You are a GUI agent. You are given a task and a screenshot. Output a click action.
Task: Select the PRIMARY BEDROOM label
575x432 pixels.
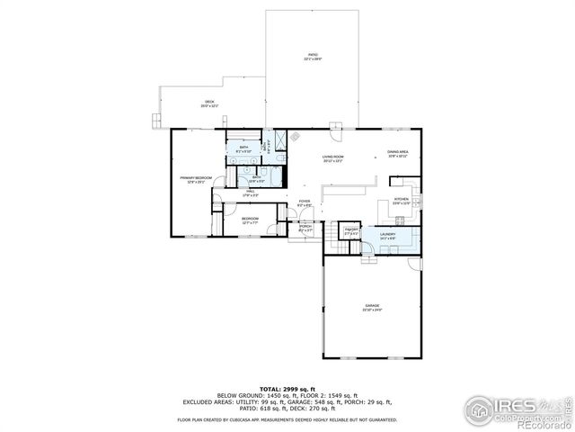point(196,179)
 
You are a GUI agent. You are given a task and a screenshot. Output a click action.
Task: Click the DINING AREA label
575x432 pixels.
point(398,154)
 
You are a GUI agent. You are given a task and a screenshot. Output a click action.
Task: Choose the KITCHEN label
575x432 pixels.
point(401,201)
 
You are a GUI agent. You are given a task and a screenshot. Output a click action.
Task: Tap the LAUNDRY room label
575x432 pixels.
point(387,236)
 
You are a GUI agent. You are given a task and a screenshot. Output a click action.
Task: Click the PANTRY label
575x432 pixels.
point(352,231)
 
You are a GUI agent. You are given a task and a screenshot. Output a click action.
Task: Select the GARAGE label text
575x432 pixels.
point(372,308)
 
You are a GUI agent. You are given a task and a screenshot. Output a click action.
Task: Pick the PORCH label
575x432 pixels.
point(305,228)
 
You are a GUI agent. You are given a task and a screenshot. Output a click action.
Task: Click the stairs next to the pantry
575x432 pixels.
point(334,231)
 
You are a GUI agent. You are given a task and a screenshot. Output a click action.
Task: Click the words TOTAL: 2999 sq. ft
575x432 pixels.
point(287,388)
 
